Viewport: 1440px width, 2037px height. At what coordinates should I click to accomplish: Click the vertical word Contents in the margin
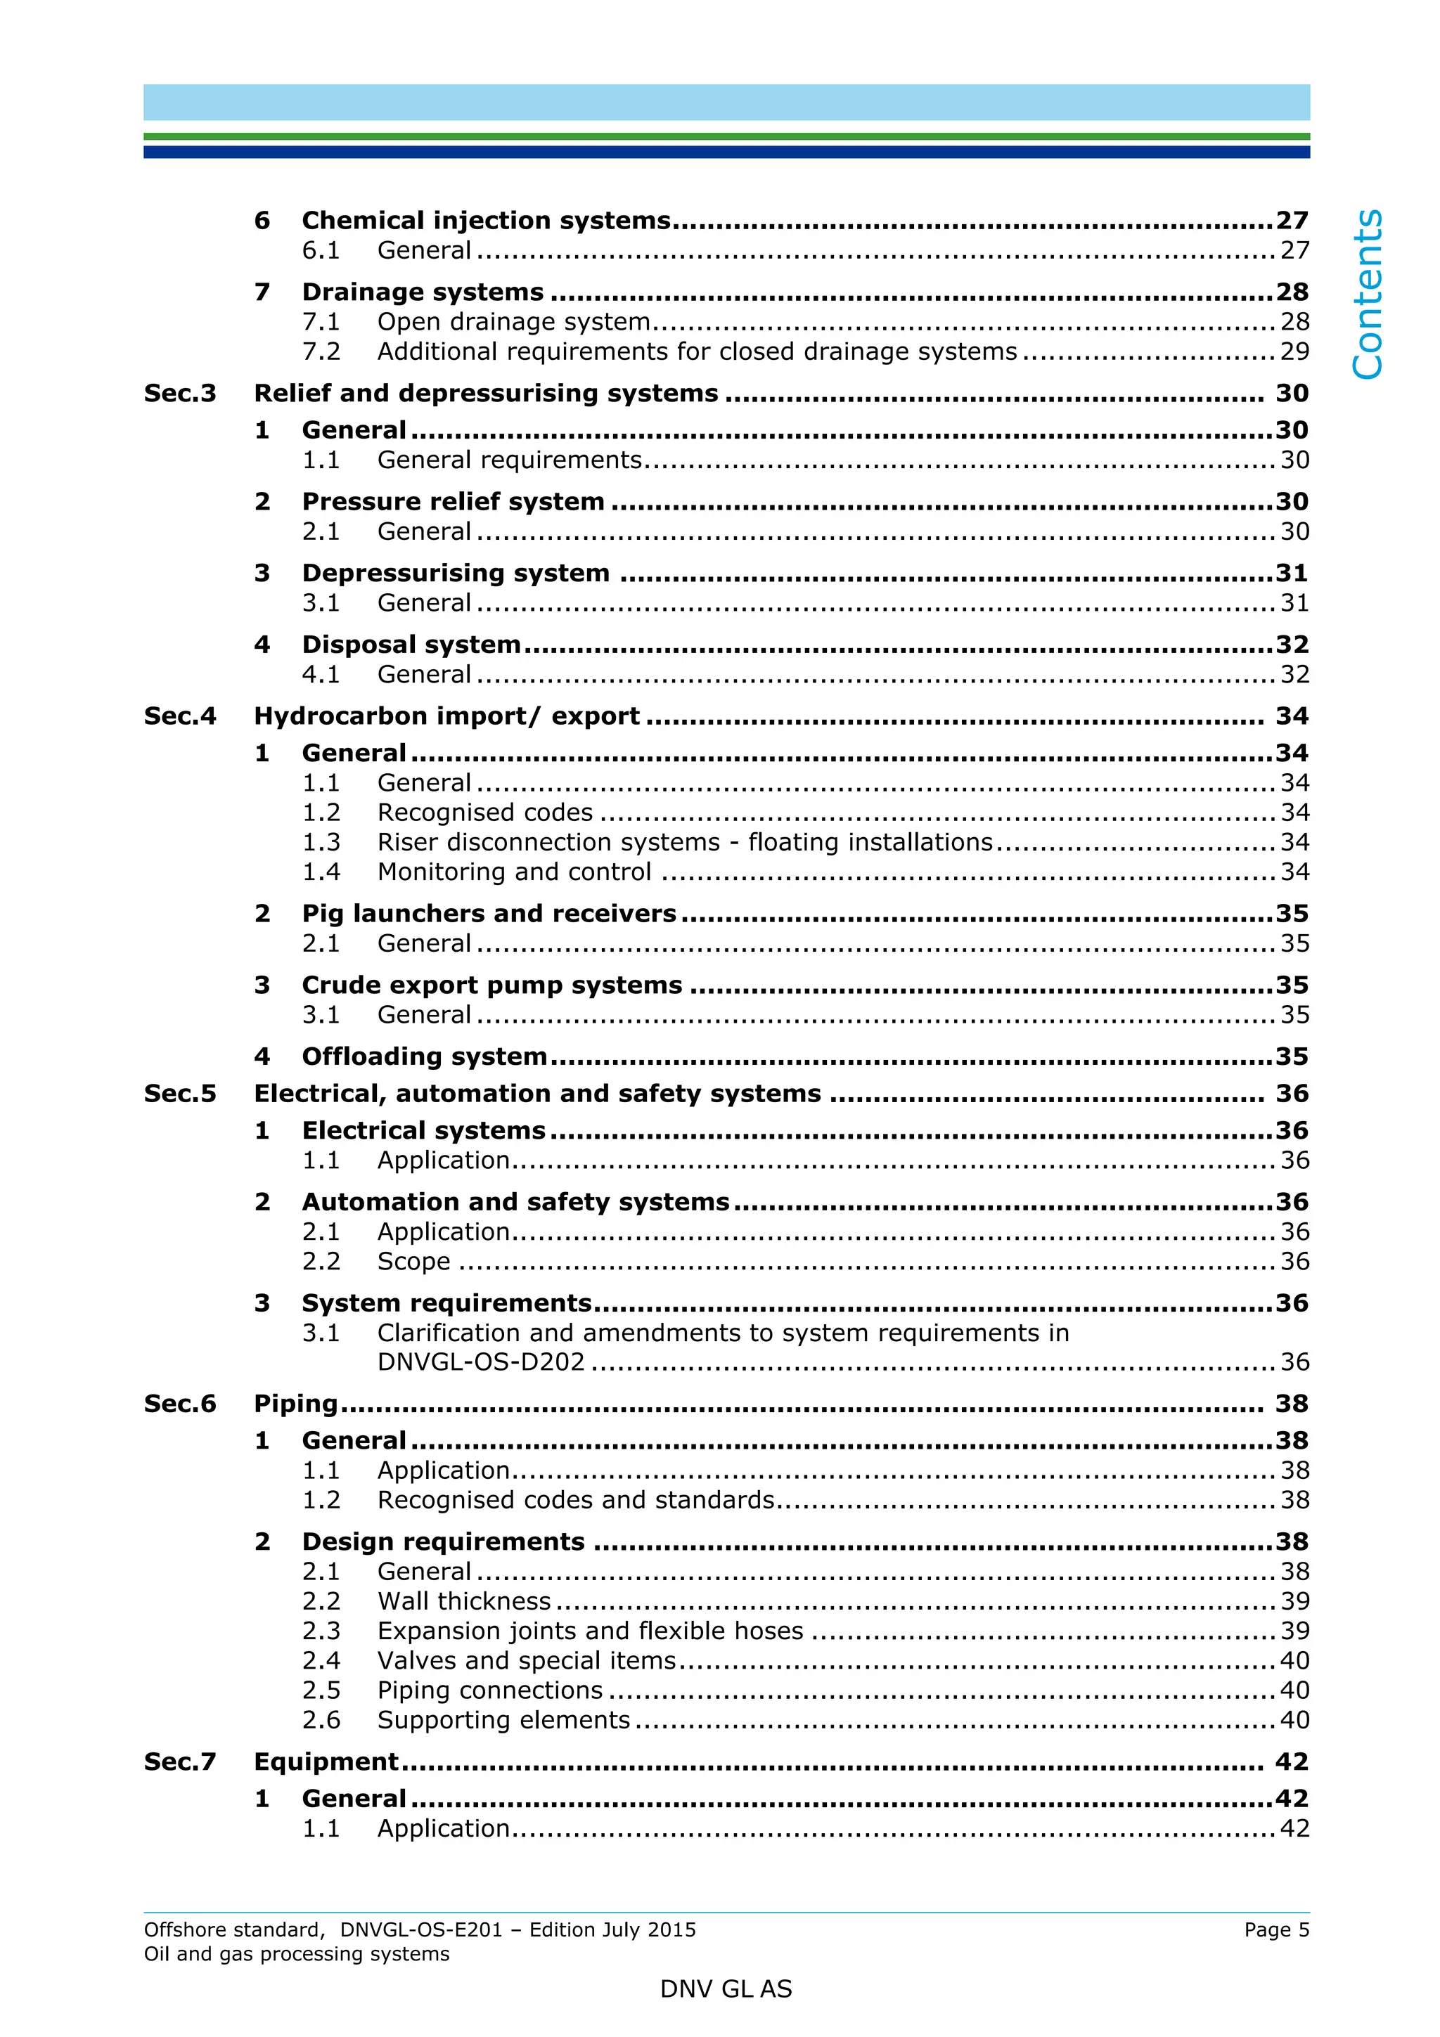tap(1368, 294)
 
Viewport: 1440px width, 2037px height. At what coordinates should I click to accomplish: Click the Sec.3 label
tap(180, 393)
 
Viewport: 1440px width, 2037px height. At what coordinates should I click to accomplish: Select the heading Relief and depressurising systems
tap(485, 393)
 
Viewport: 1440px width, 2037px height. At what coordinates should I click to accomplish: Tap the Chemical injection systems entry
tap(485, 220)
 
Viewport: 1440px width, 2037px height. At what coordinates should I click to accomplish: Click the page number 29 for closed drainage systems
tap(1294, 351)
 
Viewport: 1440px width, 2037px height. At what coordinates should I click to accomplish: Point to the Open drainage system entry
tap(514, 321)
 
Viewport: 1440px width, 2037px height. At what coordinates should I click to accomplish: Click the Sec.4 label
tap(180, 716)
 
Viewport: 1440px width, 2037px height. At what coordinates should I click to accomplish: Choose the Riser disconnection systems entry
tap(684, 842)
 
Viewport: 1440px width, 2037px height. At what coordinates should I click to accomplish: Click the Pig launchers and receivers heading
tap(488, 914)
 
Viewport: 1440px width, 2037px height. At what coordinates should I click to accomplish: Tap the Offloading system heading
tap(424, 1056)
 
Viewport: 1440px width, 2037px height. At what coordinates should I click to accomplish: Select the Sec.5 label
tap(180, 1094)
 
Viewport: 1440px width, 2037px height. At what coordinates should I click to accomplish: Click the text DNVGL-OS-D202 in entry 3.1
tap(481, 1362)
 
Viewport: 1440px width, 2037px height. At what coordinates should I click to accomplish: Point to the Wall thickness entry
tap(464, 1601)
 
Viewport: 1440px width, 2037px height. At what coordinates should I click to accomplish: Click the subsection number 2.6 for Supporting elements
tap(321, 1720)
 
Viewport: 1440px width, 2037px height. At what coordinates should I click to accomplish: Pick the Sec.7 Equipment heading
tap(326, 1762)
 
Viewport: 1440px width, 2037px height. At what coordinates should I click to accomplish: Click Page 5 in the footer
tap(1276, 1929)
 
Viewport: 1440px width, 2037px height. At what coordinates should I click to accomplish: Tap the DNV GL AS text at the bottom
tap(725, 1990)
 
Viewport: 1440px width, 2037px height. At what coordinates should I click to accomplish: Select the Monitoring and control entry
tap(514, 872)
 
